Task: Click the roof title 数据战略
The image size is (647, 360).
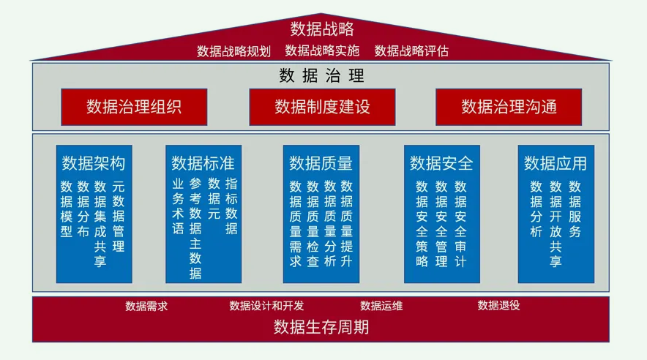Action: [x=322, y=29]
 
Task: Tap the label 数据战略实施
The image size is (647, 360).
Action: [x=322, y=50]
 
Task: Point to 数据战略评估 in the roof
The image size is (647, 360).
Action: [x=411, y=50]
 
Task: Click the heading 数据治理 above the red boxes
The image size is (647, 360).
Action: [x=322, y=75]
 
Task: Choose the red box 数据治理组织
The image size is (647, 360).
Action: [x=134, y=107]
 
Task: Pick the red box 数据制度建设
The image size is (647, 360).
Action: [x=322, y=107]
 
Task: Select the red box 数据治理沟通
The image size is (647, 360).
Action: [x=509, y=107]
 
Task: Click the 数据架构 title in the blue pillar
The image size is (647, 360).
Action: [x=94, y=162]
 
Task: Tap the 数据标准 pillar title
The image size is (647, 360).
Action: [x=203, y=162]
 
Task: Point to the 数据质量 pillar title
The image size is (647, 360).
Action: [x=321, y=162]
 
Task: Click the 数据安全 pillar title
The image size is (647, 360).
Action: [x=441, y=162]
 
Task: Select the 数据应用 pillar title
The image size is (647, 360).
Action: [x=556, y=162]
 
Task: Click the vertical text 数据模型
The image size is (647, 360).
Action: [x=67, y=209]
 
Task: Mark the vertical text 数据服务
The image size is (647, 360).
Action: [x=575, y=209]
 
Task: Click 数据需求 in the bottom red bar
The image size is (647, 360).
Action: [x=146, y=305]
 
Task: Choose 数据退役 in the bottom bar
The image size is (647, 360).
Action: [x=498, y=305]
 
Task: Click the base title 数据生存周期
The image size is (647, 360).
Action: [x=321, y=326]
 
